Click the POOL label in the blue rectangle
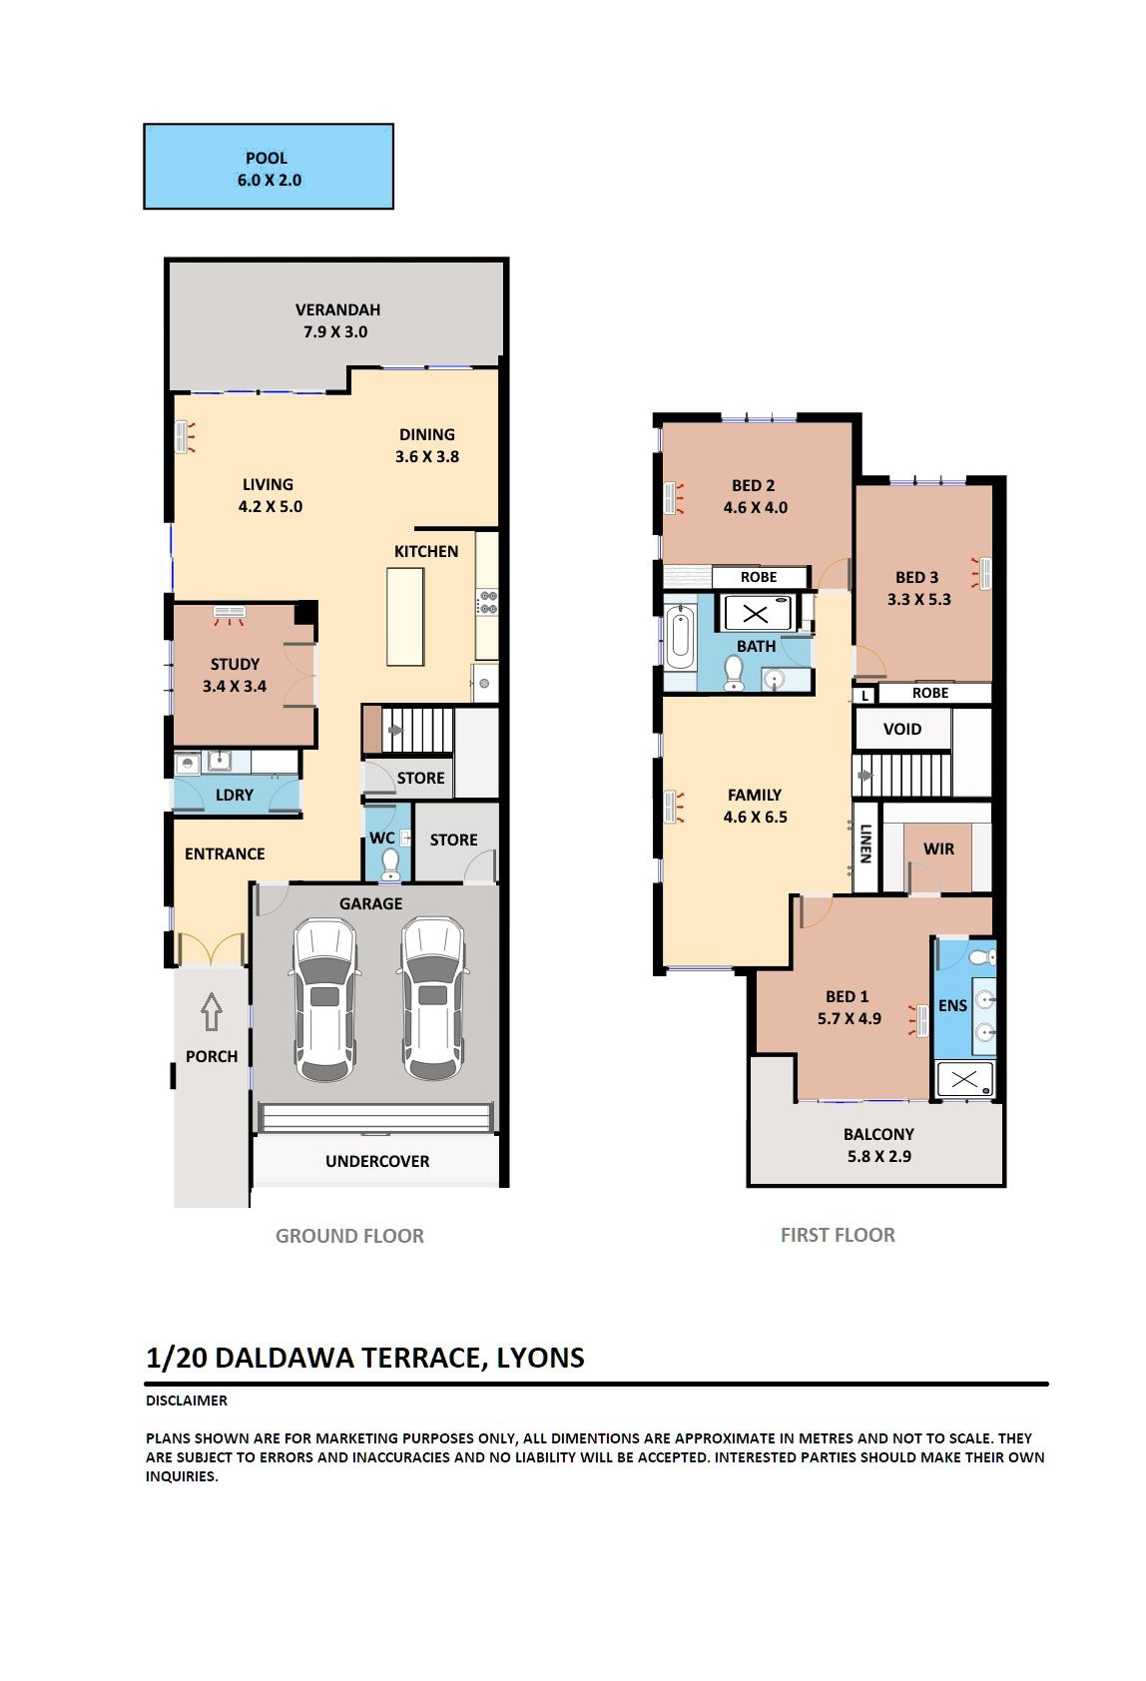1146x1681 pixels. pyautogui.click(x=267, y=159)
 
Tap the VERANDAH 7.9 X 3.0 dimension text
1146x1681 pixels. pyautogui.click(x=335, y=331)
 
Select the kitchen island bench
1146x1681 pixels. pyautogui.click(x=405, y=617)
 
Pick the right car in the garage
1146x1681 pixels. pyautogui.click(x=433, y=997)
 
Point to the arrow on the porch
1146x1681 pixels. pyautogui.click(x=212, y=1011)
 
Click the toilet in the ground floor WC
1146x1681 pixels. pyautogui.click(x=390, y=863)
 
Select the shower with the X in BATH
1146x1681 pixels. pyautogui.click(x=756, y=614)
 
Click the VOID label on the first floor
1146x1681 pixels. pyautogui.click(x=902, y=729)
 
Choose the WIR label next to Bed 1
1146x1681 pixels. pyautogui.click(x=939, y=848)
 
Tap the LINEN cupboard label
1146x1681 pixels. pyautogui.click(x=865, y=844)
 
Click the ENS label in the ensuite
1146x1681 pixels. pyautogui.click(x=952, y=1005)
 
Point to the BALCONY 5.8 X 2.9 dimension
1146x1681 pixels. pyautogui.click(x=878, y=1157)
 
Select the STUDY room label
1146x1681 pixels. pyautogui.click(x=235, y=664)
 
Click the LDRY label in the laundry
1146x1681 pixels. pyautogui.click(x=235, y=795)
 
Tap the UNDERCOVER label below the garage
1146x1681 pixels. pyautogui.click(x=377, y=1161)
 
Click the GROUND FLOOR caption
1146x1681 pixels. pyautogui.click(x=349, y=1236)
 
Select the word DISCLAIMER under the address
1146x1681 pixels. pyautogui.click(x=186, y=1401)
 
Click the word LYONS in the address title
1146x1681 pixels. pyautogui.click(x=540, y=1358)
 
